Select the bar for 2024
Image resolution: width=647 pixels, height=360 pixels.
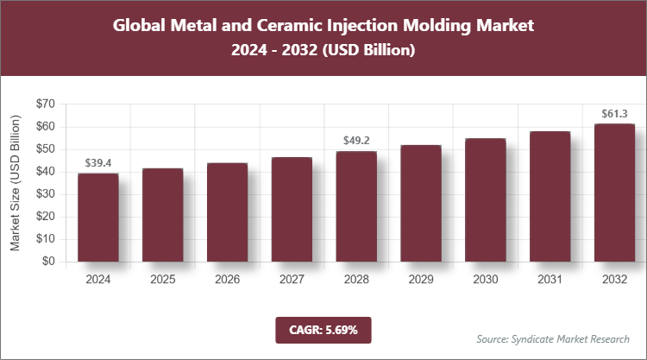pos(98,218)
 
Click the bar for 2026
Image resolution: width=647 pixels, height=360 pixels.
pos(227,212)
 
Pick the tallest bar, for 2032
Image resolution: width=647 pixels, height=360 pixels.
pos(613,193)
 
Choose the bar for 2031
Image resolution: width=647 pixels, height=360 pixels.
pos(550,197)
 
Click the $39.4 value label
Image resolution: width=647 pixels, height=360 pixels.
pos(98,163)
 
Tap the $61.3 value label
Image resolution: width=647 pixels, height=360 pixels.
pos(613,114)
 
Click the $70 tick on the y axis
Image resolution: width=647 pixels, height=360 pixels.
pos(44,104)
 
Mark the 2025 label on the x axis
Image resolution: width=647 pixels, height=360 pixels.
pos(162,280)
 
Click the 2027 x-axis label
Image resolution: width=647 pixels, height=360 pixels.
pos(292,280)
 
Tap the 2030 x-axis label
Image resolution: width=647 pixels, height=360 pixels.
pos(485,280)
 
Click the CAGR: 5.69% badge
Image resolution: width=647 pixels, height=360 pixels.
pos(323,330)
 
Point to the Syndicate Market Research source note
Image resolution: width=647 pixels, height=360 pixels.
pos(552,338)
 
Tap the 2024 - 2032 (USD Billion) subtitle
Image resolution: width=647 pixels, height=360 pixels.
pos(323,51)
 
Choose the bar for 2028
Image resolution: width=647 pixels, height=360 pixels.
pos(355,206)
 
